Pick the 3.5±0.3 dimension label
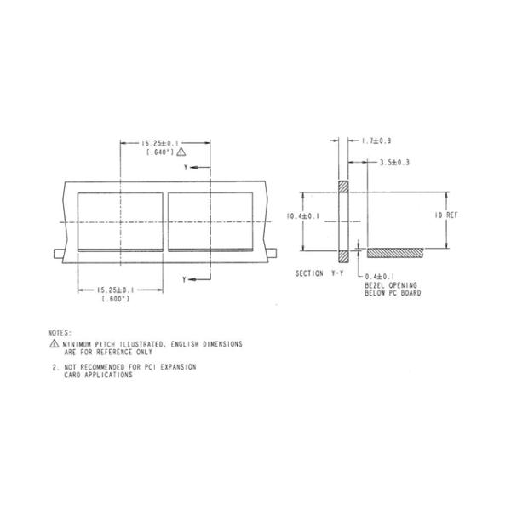coord(395,161)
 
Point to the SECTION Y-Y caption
coord(319,273)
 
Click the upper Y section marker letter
coord(186,169)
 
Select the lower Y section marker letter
coord(186,278)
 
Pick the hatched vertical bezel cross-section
coord(344,221)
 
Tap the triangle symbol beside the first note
coord(55,344)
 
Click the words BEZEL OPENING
coord(393,286)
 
